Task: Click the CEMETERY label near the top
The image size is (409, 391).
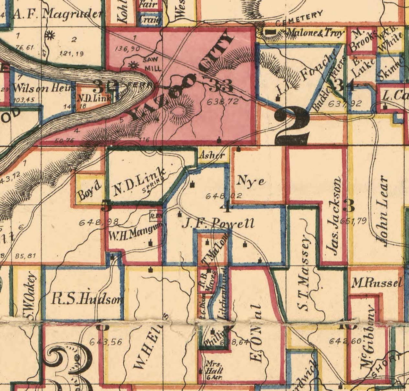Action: click(299, 19)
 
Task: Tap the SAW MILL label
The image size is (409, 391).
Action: click(152, 64)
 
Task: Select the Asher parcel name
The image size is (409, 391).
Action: click(212, 155)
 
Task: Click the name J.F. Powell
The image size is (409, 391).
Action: click(218, 223)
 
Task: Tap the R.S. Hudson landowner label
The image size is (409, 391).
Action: click(87, 299)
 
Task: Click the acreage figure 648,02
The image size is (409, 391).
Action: click(224, 196)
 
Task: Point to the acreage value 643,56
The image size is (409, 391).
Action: click(105, 342)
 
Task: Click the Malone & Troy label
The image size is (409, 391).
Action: click(316, 33)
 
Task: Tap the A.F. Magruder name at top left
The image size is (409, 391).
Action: click(57, 15)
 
